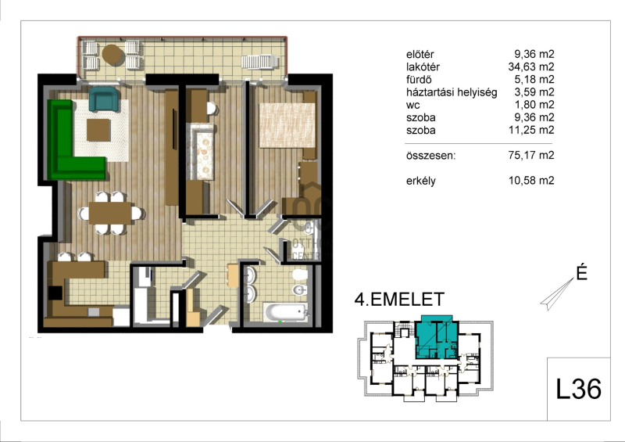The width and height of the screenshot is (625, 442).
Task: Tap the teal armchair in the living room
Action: [104, 99]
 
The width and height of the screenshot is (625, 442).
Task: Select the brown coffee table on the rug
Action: [98, 130]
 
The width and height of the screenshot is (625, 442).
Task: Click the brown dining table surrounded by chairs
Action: [110, 214]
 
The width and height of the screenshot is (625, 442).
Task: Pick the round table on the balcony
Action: [112, 55]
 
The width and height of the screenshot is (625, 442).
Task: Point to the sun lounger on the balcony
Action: [259, 63]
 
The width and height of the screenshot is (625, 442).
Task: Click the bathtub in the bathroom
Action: [286, 312]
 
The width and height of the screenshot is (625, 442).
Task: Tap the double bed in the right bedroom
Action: [287, 125]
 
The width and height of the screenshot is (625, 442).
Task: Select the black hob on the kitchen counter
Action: [55, 293]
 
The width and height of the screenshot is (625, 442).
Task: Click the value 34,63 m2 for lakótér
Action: [531, 66]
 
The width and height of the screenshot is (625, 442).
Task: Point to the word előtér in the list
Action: [420, 54]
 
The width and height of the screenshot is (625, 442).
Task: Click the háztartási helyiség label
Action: [452, 92]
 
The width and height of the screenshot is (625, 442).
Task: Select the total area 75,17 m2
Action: [531, 155]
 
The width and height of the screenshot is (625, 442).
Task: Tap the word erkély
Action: [421, 181]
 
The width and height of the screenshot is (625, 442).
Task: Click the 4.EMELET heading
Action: [399, 300]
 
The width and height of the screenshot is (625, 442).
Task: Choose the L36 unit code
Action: [578, 389]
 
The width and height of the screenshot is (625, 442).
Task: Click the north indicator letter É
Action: [581, 273]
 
